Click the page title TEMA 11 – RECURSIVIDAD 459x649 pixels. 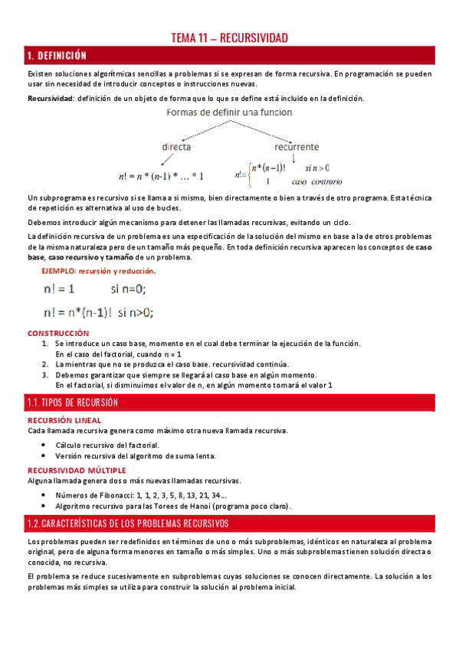pyautogui.click(x=228, y=38)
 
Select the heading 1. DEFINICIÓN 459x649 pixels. pyautogui.click(x=56, y=55)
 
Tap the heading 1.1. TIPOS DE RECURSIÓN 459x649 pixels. pyautogui.click(x=70, y=403)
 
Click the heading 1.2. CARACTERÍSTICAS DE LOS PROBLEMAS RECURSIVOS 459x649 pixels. pyautogui.click(x=127, y=523)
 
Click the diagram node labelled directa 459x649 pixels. pyautogui.click(x=175, y=146)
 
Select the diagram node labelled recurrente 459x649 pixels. pyautogui.click(x=297, y=146)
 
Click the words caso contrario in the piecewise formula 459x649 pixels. pyautogui.click(x=316, y=181)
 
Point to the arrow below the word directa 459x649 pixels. pyautogui.click(x=166, y=159)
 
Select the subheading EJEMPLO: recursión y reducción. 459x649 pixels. pyautogui.click(x=98, y=271)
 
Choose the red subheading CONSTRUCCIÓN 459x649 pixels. pyautogui.click(x=58, y=333)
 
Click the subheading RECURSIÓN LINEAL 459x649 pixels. pyautogui.click(x=64, y=420)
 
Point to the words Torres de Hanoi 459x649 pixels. pyautogui.click(x=185, y=506)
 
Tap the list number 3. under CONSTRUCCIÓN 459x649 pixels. pyautogui.click(x=45, y=375)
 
